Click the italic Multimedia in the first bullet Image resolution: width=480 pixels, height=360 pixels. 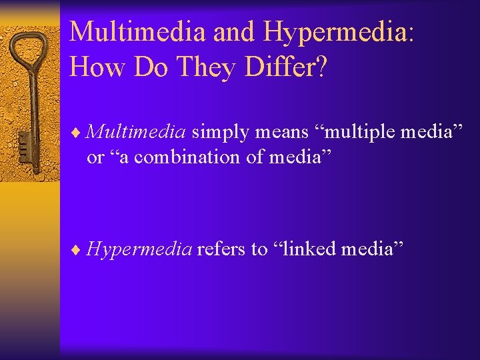coord(136,131)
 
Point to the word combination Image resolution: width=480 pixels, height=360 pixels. coord(175,157)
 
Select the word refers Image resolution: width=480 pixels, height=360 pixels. coord(221,249)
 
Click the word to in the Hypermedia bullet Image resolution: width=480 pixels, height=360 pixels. coord(259,250)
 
